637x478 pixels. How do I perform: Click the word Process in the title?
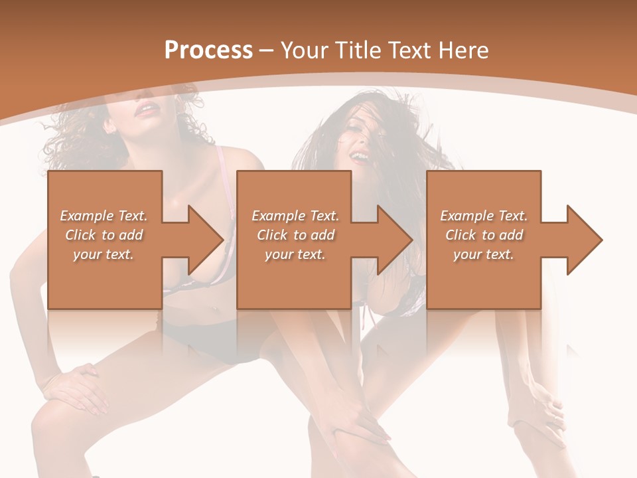pyautogui.click(x=208, y=50)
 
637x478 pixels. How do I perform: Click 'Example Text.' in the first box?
pyautogui.click(x=104, y=216)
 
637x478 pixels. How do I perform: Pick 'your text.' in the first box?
pyautogui.click(x=104, y=254)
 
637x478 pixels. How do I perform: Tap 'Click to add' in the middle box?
pyautogui.click(x=295, y=235)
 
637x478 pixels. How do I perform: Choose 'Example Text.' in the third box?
pyautogui.click(x=484, y=216)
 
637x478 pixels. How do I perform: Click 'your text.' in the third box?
pyautogui.click(x=484, y=254)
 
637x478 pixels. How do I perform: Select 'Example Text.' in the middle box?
pyautogui.click(x=295, y=216)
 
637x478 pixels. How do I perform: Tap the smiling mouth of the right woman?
pyautogui.click(x=359, y=157)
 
